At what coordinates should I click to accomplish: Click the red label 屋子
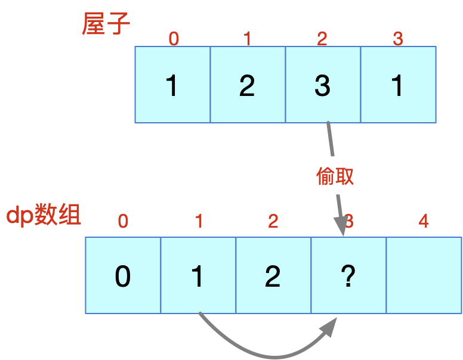point(106,24)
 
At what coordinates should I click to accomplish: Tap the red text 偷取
point(335,176)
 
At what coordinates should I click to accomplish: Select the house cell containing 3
point(323,85)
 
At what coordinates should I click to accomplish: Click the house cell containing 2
point(248,85)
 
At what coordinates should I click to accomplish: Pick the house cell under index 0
point(173,85)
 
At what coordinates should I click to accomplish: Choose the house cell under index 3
point(399,85)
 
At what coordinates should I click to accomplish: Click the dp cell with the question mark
point(348,275)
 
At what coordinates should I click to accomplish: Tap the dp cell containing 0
point(123,275)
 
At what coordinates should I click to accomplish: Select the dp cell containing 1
point(198,275)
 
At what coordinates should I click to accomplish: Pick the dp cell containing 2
point(273,275)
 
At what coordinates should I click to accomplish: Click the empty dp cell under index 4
point(424,275)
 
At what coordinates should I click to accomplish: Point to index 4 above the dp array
point(424,221)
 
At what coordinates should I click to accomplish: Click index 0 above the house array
point(174,39)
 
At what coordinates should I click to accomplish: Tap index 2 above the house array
point(322,39)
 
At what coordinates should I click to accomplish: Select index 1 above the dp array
point(199,221)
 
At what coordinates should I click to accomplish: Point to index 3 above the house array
point(398,39)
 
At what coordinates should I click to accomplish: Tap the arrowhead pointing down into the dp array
point(342,226)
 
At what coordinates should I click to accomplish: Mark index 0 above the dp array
point(123,221)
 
